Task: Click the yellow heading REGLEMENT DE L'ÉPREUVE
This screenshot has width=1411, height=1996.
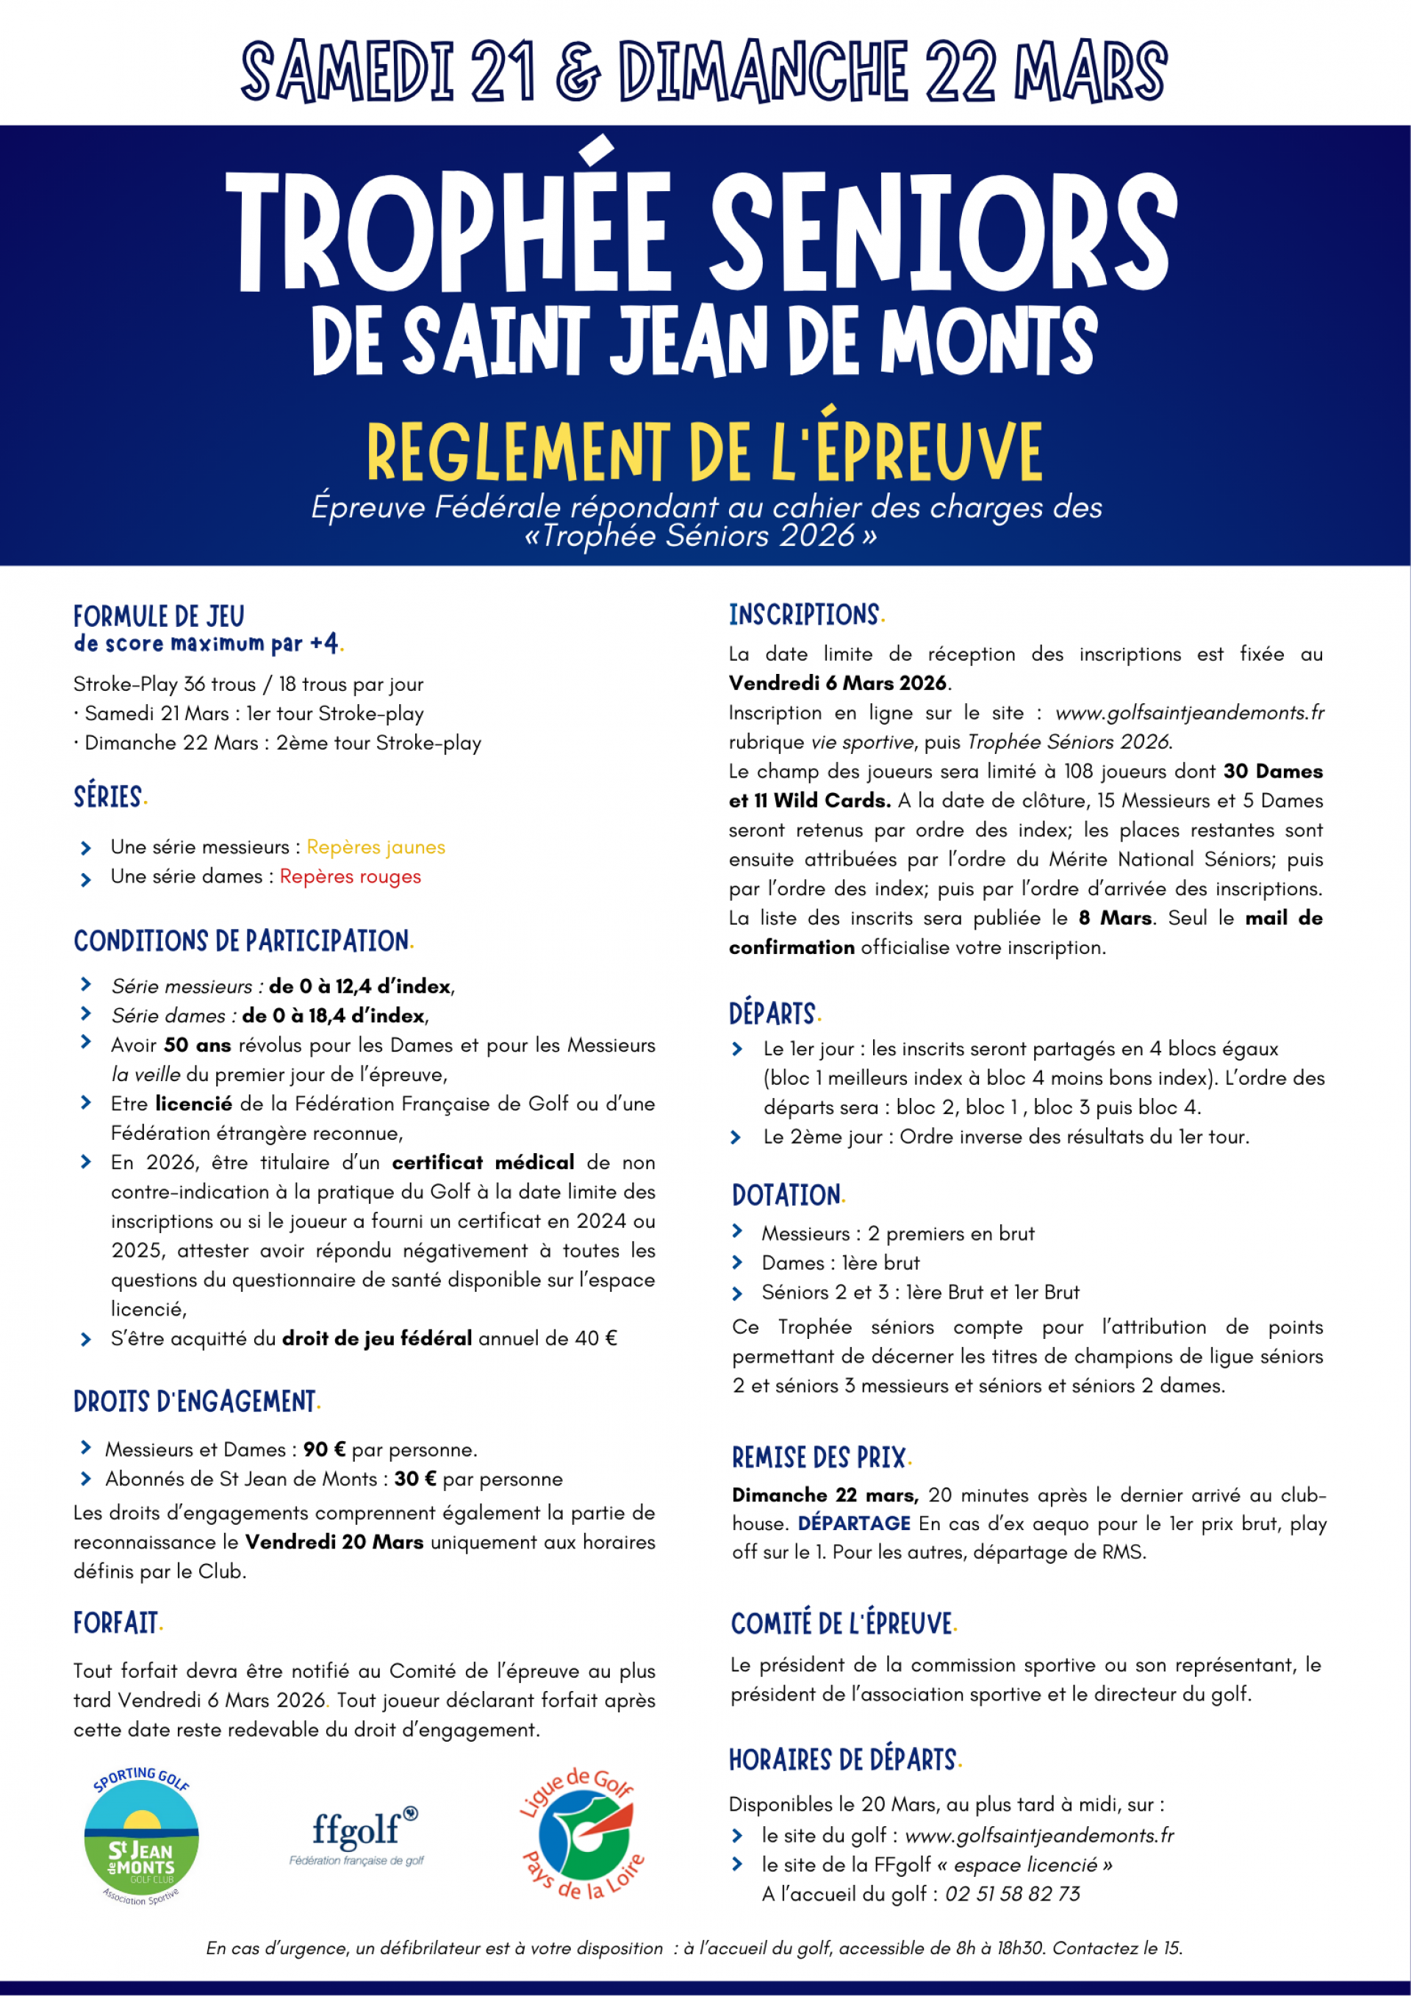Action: (704, 451)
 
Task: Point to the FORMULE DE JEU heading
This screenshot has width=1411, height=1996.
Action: (159, 617)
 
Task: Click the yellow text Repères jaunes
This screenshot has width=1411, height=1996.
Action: (376, 847)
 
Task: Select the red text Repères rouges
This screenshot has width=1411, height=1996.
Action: (351, 876)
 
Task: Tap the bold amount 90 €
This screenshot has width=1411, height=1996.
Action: (324, 1449)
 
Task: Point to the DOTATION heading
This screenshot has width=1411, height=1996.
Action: (786, 1196)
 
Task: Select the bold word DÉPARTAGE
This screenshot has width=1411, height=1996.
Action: (854, 1523)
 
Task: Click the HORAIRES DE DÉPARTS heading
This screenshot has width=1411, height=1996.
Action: (842, 1760)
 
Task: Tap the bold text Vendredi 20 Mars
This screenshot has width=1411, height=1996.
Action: (334, 1543)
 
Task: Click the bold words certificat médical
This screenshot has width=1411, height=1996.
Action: (483, 1163)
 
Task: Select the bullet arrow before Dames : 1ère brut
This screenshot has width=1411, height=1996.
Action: (737, 1263)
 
